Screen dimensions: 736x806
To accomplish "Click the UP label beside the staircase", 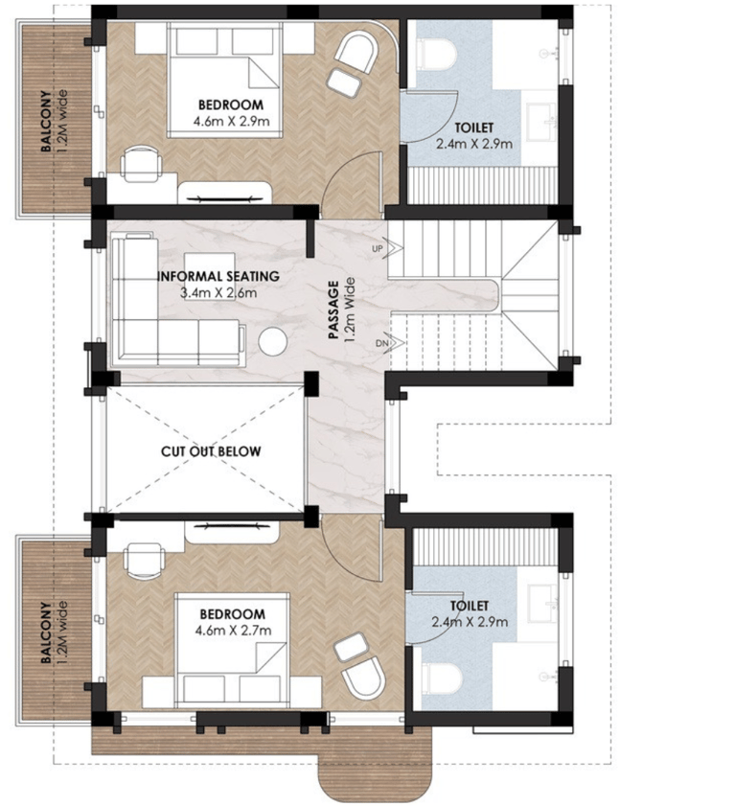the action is click(378, 249).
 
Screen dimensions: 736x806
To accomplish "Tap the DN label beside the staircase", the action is click(381, 343).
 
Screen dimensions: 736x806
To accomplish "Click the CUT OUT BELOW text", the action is click(211, 451).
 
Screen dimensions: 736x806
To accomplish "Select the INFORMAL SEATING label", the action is click(218, 276).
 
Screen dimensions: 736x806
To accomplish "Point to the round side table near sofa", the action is click(272, 342).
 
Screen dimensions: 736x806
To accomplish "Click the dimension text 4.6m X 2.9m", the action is click(231, 122).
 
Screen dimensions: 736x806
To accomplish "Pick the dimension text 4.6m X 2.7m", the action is click(233, 630).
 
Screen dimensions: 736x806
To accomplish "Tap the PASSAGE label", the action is click(334, 310).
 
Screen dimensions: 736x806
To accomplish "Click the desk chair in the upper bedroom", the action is click(141, 164).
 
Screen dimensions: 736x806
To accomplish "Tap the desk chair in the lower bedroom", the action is click(145, 561).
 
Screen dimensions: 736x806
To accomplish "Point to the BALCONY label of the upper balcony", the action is click(46, 122).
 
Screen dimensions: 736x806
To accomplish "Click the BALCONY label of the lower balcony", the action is click(46, 633).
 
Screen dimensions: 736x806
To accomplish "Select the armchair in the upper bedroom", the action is click(356, 52).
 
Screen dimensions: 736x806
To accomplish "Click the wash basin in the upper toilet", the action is click(542, 122).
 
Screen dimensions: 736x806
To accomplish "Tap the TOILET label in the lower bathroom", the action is click(470, 606).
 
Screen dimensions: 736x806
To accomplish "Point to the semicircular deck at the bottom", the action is click(375, 776).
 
